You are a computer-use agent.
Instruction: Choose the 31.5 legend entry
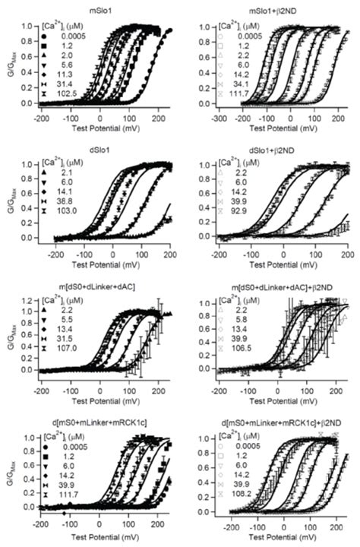68,343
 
